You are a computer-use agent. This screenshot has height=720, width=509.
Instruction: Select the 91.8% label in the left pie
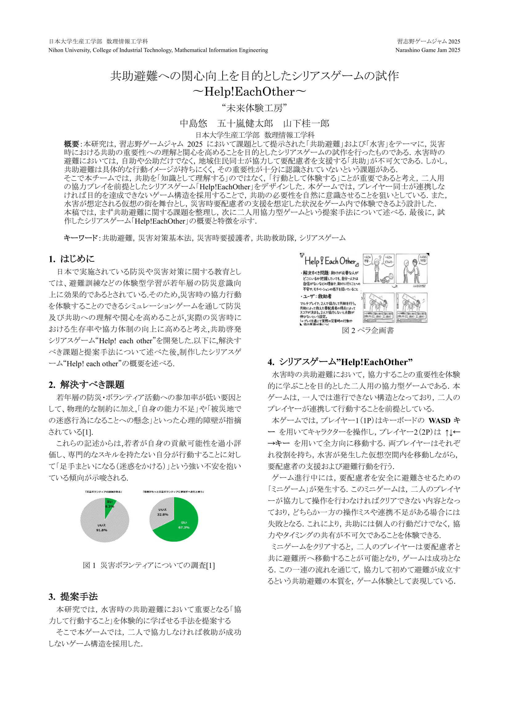(x=102, y=530)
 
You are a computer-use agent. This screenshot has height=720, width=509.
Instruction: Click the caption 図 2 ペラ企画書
(x=368, y=330)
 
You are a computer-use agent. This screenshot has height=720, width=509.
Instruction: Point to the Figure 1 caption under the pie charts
(x=149, y=565)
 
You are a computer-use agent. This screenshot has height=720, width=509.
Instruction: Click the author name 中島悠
(x=193, y=123)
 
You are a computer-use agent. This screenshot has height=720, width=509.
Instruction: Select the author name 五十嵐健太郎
(x=245, y=123)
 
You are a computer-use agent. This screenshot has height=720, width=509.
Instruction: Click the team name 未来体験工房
(x=254, y=108)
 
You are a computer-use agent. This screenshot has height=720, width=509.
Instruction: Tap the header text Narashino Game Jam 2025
(x=427, y=50)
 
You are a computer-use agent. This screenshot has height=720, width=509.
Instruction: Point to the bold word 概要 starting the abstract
(x=71, y=144)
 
